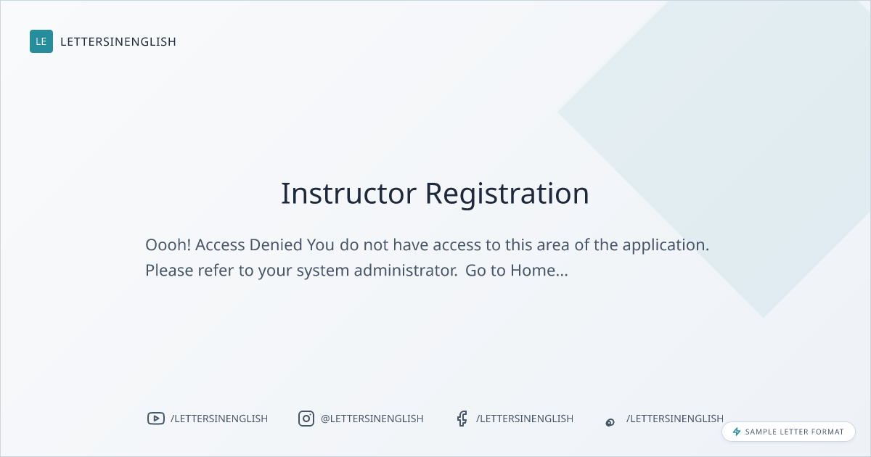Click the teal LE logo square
point(41,41)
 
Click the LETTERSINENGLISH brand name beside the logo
point(118,41)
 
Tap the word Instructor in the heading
point(349,193)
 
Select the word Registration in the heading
point(507,194)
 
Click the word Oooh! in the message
point(168,245)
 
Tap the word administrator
point(405,271)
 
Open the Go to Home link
point(516,271)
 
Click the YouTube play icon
point(156,419)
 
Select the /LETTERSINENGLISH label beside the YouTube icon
point(219,419)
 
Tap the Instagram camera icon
point(306,419)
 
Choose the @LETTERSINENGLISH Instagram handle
point(372,419)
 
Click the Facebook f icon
point(462,419)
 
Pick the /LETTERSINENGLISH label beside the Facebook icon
point(525,419)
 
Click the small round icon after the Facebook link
point(610,422)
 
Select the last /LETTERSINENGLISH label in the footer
point(675,419)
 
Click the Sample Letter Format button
point(788,432)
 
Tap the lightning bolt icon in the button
point(737,432)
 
